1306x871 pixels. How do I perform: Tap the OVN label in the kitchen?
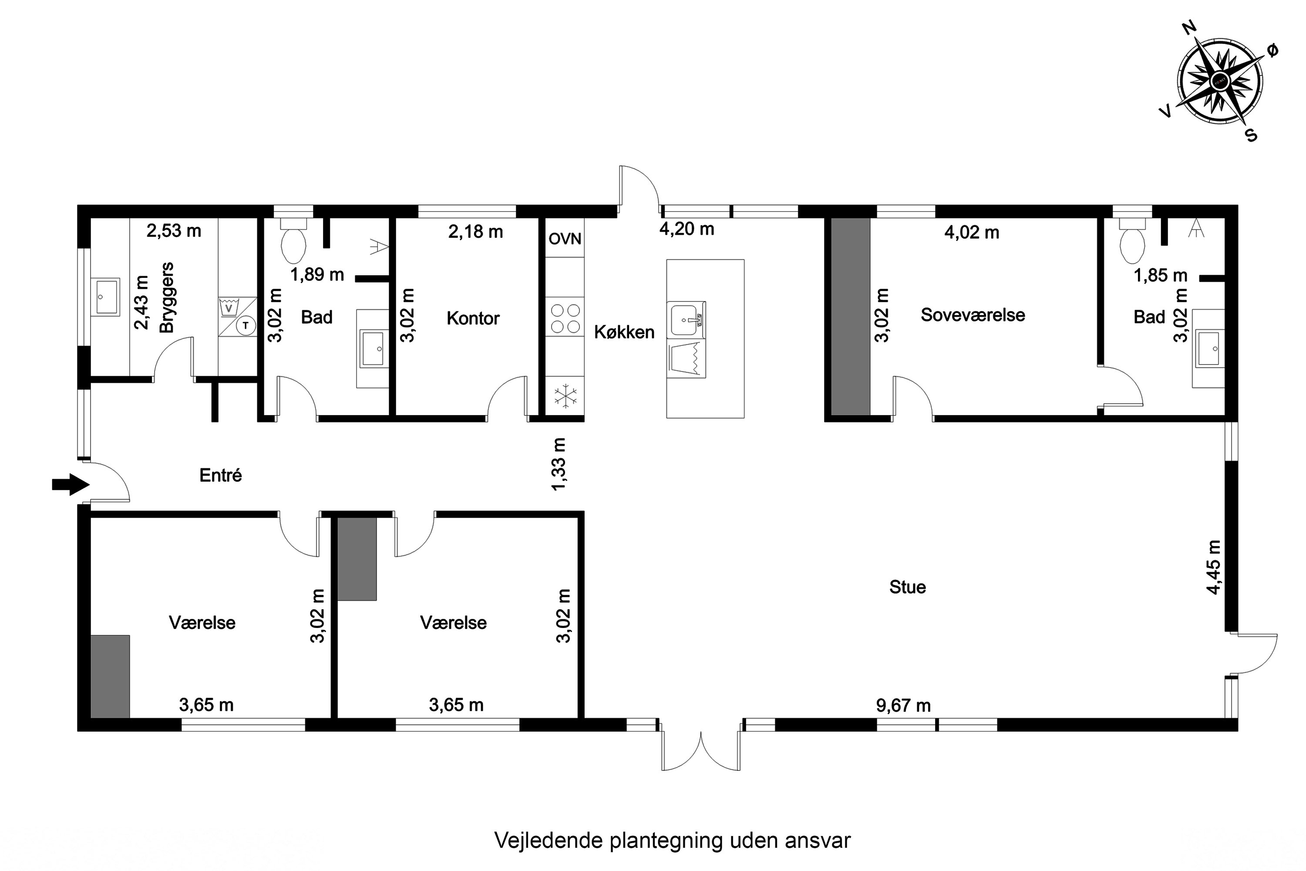pyautogui.click(x=565, y=239)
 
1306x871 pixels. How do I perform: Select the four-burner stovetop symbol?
pyautogui.click(x=565, y=318)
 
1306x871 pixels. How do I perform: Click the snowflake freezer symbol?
pyautogui.click(x=565, y=397)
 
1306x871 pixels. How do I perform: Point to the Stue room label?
pyautogui.click(x=907, y=587)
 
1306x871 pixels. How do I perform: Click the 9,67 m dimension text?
pyautogui.click(x=903, y=706)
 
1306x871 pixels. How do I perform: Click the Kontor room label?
pyautogui.click(x=473, y=318)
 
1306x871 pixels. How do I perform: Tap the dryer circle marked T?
pyautogui.click(x=246, y=325)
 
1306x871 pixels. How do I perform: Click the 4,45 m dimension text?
pyautogui.click(x=1214, y=567)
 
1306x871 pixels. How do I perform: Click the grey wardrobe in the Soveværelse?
pyautogui.click(x=850, y=317)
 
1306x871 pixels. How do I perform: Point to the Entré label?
pyautogui.click(x=220, y=476)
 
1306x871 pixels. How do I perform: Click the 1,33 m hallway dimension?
pyautogui.click(x=559, y=464)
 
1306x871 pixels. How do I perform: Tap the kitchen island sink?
pyautogui.click(x=687, y=319)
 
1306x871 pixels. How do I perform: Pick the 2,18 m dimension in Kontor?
pyautogui.click(x=475, y=232)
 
